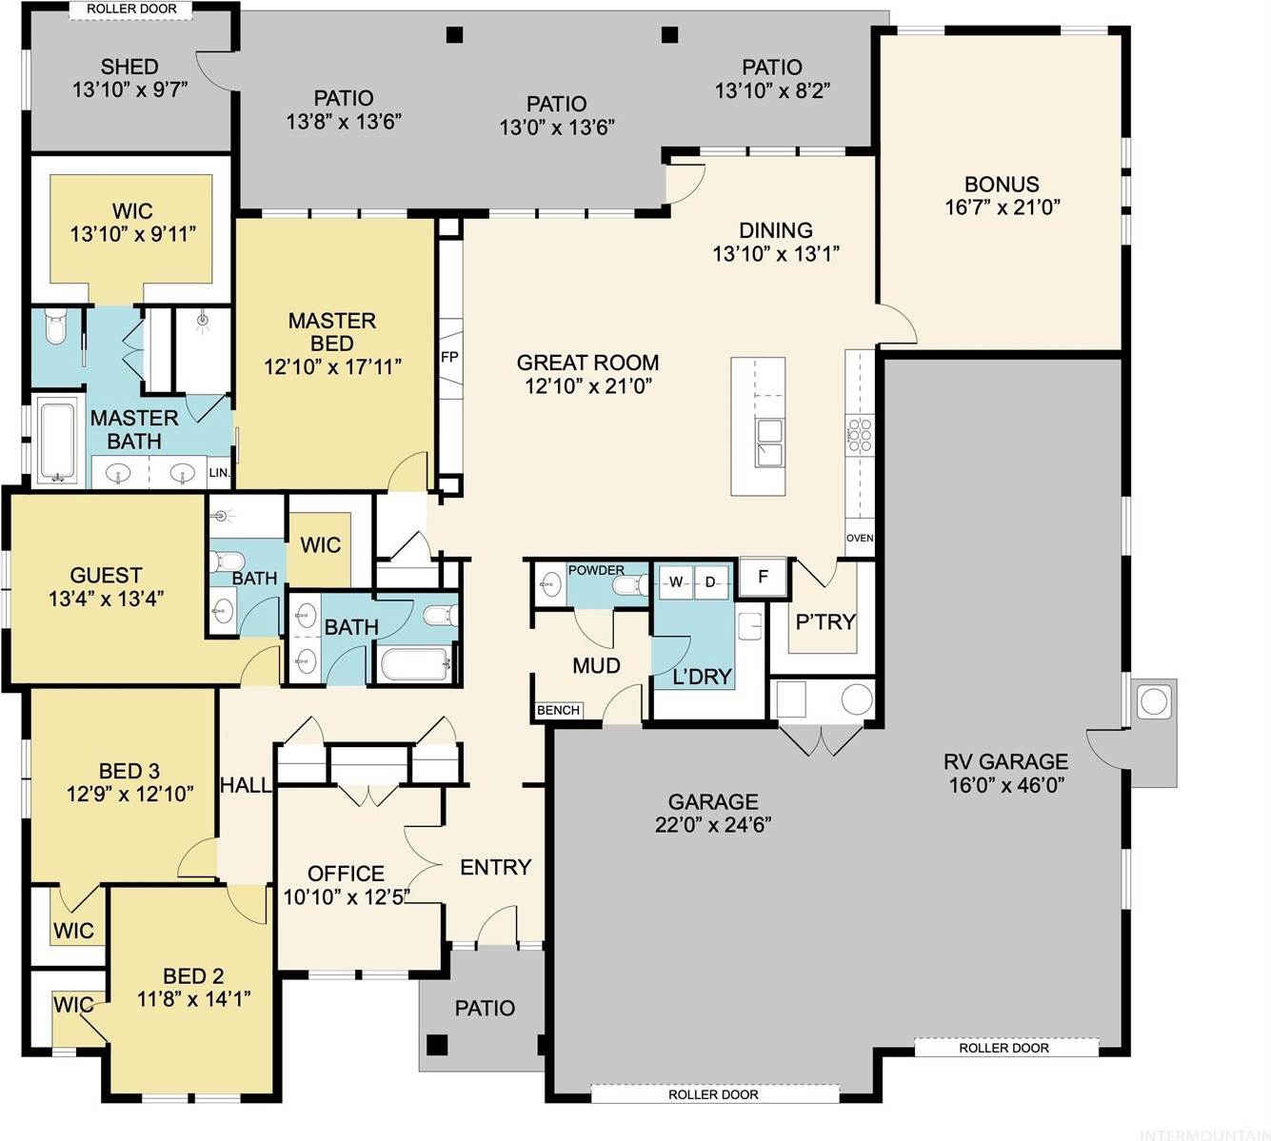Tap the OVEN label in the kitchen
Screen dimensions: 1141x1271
click(x=860, y=539)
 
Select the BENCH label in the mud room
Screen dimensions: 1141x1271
click(x=558, y=710)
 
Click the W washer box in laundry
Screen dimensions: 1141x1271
click(x=676, y=581)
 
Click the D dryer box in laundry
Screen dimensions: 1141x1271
click(x=710, y=581)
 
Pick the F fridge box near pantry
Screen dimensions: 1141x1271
click(x=763, y=577)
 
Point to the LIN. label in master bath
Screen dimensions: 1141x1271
click(x=219, y=473)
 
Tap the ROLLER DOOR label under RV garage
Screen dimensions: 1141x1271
click(x=1003, y=1048)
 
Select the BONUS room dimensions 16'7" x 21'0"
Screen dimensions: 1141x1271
click(x=1003, y=207)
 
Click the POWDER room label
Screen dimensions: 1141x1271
click(x=596, y=570)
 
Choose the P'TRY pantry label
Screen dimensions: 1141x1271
click(x=824, y=621)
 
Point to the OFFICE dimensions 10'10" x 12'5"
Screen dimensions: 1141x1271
click(x=347, y=896)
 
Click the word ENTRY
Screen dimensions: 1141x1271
click(x=495, y=867)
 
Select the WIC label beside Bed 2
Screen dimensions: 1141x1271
click(x=72, y=1005)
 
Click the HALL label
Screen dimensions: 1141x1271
click(x=246, y=786)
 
